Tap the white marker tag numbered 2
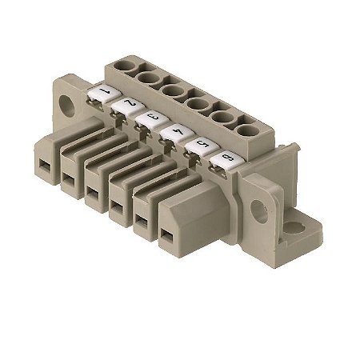click(126, 106)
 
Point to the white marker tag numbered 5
click(197, 146)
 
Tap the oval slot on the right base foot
click(294, 228)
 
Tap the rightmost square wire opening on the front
click(166, 234)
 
